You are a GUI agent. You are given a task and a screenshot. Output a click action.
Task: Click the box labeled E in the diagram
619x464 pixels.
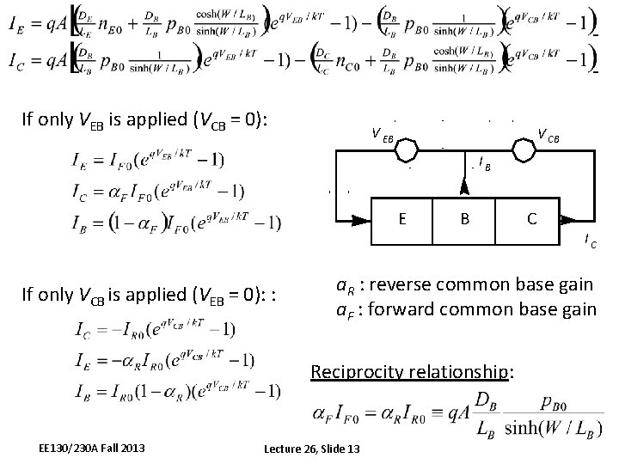[x=403, y=219]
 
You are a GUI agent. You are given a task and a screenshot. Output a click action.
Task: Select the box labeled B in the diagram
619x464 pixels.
[x=464, y=219]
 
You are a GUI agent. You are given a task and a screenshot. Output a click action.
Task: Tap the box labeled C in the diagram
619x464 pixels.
[x=530, y=219]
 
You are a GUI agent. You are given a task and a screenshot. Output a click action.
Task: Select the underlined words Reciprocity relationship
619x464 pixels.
[x=413, y=372]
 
